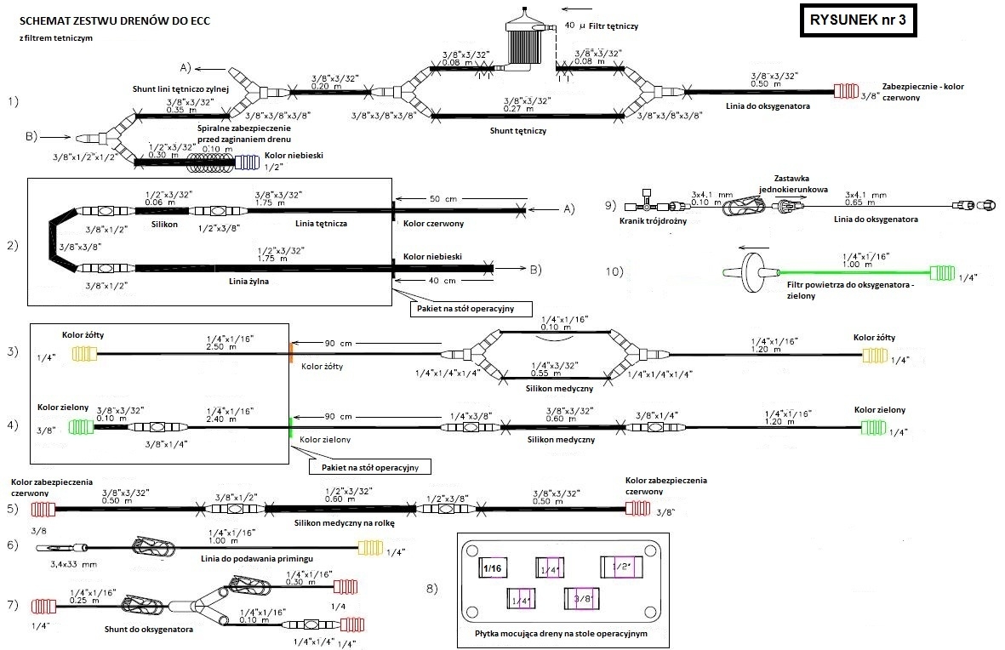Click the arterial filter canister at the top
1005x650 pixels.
[523, 40]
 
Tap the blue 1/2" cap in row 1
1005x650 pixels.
[248, 161]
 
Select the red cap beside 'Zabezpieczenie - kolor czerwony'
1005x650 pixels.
[847, 91]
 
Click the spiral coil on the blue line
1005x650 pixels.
[209, 161]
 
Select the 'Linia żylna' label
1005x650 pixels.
[250, 280]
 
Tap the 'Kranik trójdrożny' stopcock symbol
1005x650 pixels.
[648, 206]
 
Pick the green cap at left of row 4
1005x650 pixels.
[81, 425]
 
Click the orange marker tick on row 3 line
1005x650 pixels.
[291, 353]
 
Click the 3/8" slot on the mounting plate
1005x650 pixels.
[583, 599]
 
